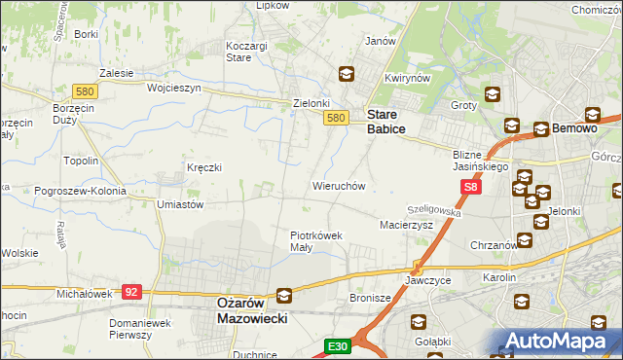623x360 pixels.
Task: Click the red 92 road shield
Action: coord(133,291)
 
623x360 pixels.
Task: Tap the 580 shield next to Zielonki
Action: coord(336,118)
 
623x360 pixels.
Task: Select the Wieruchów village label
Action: coord(338,185)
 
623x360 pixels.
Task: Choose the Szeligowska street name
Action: coord(433,208)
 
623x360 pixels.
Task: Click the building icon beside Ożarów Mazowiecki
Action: coord(283,296)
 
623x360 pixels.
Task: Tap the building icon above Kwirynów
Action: coord(347,73)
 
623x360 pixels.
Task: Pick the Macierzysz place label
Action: coord(405,225)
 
